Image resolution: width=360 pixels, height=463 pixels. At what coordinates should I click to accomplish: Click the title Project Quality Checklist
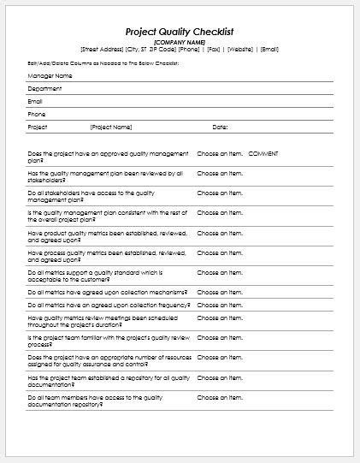click(x=180, y=31)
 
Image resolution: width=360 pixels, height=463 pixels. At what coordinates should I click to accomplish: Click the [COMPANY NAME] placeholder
click(x=180, y=41)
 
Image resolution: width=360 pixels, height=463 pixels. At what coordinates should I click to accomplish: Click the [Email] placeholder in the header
click(x=269, y=49)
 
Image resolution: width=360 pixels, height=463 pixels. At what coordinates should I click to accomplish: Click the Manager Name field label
click(x=49, y=75)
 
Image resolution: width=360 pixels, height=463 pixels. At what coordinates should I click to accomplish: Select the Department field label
click(x=44, y=88)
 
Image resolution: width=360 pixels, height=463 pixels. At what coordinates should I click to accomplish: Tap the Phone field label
click(x=37, y=114)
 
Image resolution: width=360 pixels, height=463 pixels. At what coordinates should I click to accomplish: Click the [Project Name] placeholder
click(x=111, y=127)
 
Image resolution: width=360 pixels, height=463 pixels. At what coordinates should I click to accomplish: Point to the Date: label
click(x=220, y=127)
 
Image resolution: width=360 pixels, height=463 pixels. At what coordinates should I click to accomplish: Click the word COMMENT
click(x=263, y=153)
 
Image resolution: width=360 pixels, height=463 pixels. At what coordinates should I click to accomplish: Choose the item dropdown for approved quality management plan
click(x=220, y=153)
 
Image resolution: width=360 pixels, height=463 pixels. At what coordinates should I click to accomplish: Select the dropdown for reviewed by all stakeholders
click(x=220, y=173)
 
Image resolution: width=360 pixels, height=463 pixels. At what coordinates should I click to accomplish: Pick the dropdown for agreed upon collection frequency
click(x=220, y=305)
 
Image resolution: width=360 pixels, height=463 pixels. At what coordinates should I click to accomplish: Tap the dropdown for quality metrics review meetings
click(x=220, y=318)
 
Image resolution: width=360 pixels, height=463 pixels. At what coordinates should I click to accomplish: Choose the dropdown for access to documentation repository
click(x=220, y=397)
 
